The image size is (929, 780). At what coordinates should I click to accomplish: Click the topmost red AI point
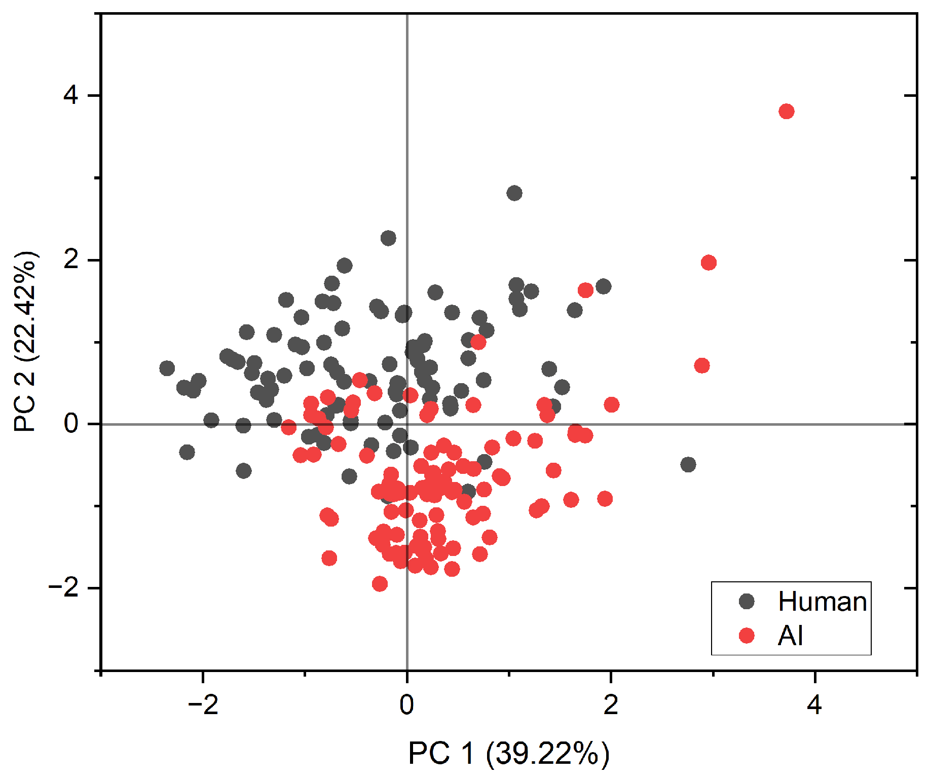[x=786, y=112]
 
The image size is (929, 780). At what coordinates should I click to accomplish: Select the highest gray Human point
[x=514, y=193]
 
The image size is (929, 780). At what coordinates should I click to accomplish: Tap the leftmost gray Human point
[x=167, y=368]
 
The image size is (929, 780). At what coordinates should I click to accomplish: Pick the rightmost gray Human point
[x=688, y=464]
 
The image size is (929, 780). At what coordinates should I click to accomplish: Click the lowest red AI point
[x=380, y=584]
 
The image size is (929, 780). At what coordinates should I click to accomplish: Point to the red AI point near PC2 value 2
[x=709, y=263]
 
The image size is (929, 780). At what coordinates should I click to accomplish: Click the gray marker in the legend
[x=747, y=602]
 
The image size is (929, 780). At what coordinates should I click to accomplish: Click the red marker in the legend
[x=747, y=636]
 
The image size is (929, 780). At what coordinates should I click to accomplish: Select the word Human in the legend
[x=822, y=602]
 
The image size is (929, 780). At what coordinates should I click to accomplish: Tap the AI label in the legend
[x=790, y=636]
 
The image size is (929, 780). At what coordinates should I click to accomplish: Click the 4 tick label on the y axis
[x=71, y=95]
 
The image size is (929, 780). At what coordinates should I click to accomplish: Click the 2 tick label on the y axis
[x=71, y=259]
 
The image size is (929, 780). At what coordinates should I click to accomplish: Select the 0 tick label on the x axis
[x=406, y=705]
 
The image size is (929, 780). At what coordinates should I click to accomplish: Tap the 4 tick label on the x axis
[x=814, y=705]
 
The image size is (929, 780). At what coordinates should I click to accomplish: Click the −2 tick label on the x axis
[x=203, y=705]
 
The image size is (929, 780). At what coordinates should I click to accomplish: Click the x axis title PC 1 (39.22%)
[x=508, y=753]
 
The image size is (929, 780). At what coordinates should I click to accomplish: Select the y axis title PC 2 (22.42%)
[x=25, y=341]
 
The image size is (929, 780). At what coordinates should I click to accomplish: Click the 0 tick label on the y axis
[x=71, y=424]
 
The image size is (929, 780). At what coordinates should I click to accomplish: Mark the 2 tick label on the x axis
[x=611, y=705]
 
